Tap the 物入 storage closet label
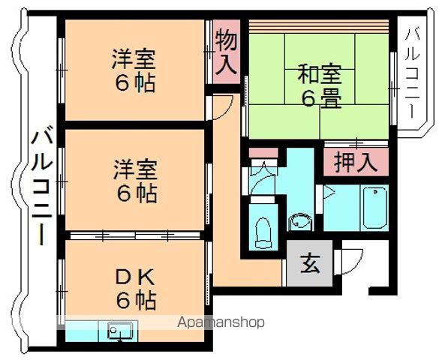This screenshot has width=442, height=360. (x=226, y=51)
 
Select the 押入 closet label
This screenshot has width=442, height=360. (x=356, y=163)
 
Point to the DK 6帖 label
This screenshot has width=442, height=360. (x=135, y=289)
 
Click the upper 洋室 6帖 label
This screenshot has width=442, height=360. (x=135, y=70)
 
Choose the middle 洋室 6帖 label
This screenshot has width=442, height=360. (x=135, y=180)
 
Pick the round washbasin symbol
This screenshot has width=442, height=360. (x=299, y=222)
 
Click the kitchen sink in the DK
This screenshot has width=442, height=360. (x=120, y=329)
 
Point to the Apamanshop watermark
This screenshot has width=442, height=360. (x=221, y=322)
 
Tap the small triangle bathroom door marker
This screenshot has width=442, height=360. (x=329, y=192)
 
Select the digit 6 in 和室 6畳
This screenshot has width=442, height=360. (x=308, y=98)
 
